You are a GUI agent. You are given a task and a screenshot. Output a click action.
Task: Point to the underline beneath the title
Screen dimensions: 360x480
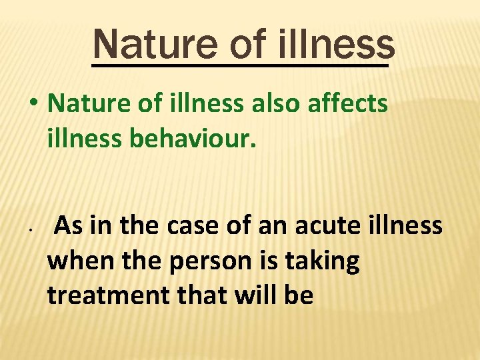tap(240, 66)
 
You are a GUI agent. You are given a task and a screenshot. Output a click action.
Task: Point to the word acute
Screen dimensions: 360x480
tap(327, 226)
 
